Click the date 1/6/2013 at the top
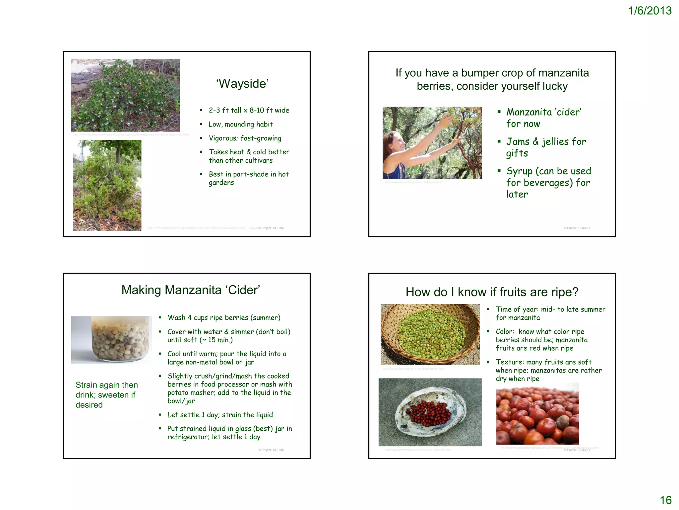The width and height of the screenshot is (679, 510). tap(650, 11)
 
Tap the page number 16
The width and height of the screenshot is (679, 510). tap(665, 500)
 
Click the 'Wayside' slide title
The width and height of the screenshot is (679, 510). tap(242, 84)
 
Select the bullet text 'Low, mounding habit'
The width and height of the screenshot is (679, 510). tap(240, 124)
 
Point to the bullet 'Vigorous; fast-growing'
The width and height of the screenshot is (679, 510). tap(245, 138)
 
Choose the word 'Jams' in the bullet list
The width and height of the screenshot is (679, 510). tap(518, 142)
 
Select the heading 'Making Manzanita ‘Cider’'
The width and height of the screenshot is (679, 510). tap(191, 290)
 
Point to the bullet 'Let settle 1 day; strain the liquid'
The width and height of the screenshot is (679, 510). tap(220, 415)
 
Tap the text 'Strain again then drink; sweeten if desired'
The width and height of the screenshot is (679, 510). tap(106, 395)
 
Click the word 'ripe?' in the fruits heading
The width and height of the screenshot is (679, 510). tap(565, 292)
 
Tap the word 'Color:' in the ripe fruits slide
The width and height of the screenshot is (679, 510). tap(505, 332)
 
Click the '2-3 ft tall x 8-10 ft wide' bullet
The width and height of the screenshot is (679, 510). tap(249, 110)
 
